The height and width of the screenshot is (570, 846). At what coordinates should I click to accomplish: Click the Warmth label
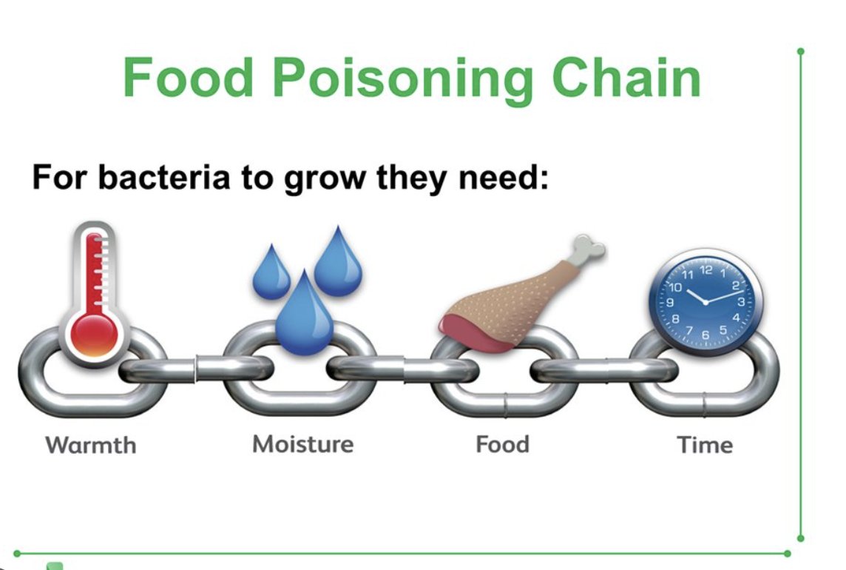(91, 445)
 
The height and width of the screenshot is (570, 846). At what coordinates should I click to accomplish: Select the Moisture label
(302, 444)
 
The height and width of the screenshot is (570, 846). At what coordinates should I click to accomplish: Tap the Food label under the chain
(502, 445)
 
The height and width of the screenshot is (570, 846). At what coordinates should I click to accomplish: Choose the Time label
(705, 445)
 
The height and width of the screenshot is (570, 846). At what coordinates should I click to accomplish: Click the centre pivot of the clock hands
(705, 302)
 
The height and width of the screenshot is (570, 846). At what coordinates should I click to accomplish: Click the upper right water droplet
(338, 262)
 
